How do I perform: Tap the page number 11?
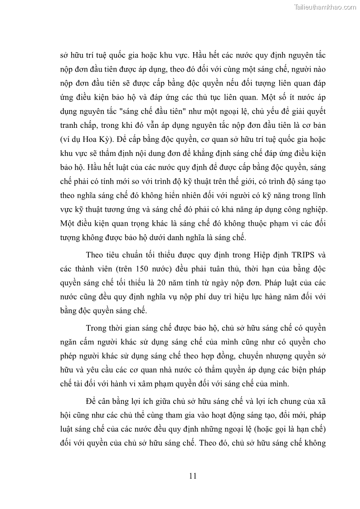coord(192,476)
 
